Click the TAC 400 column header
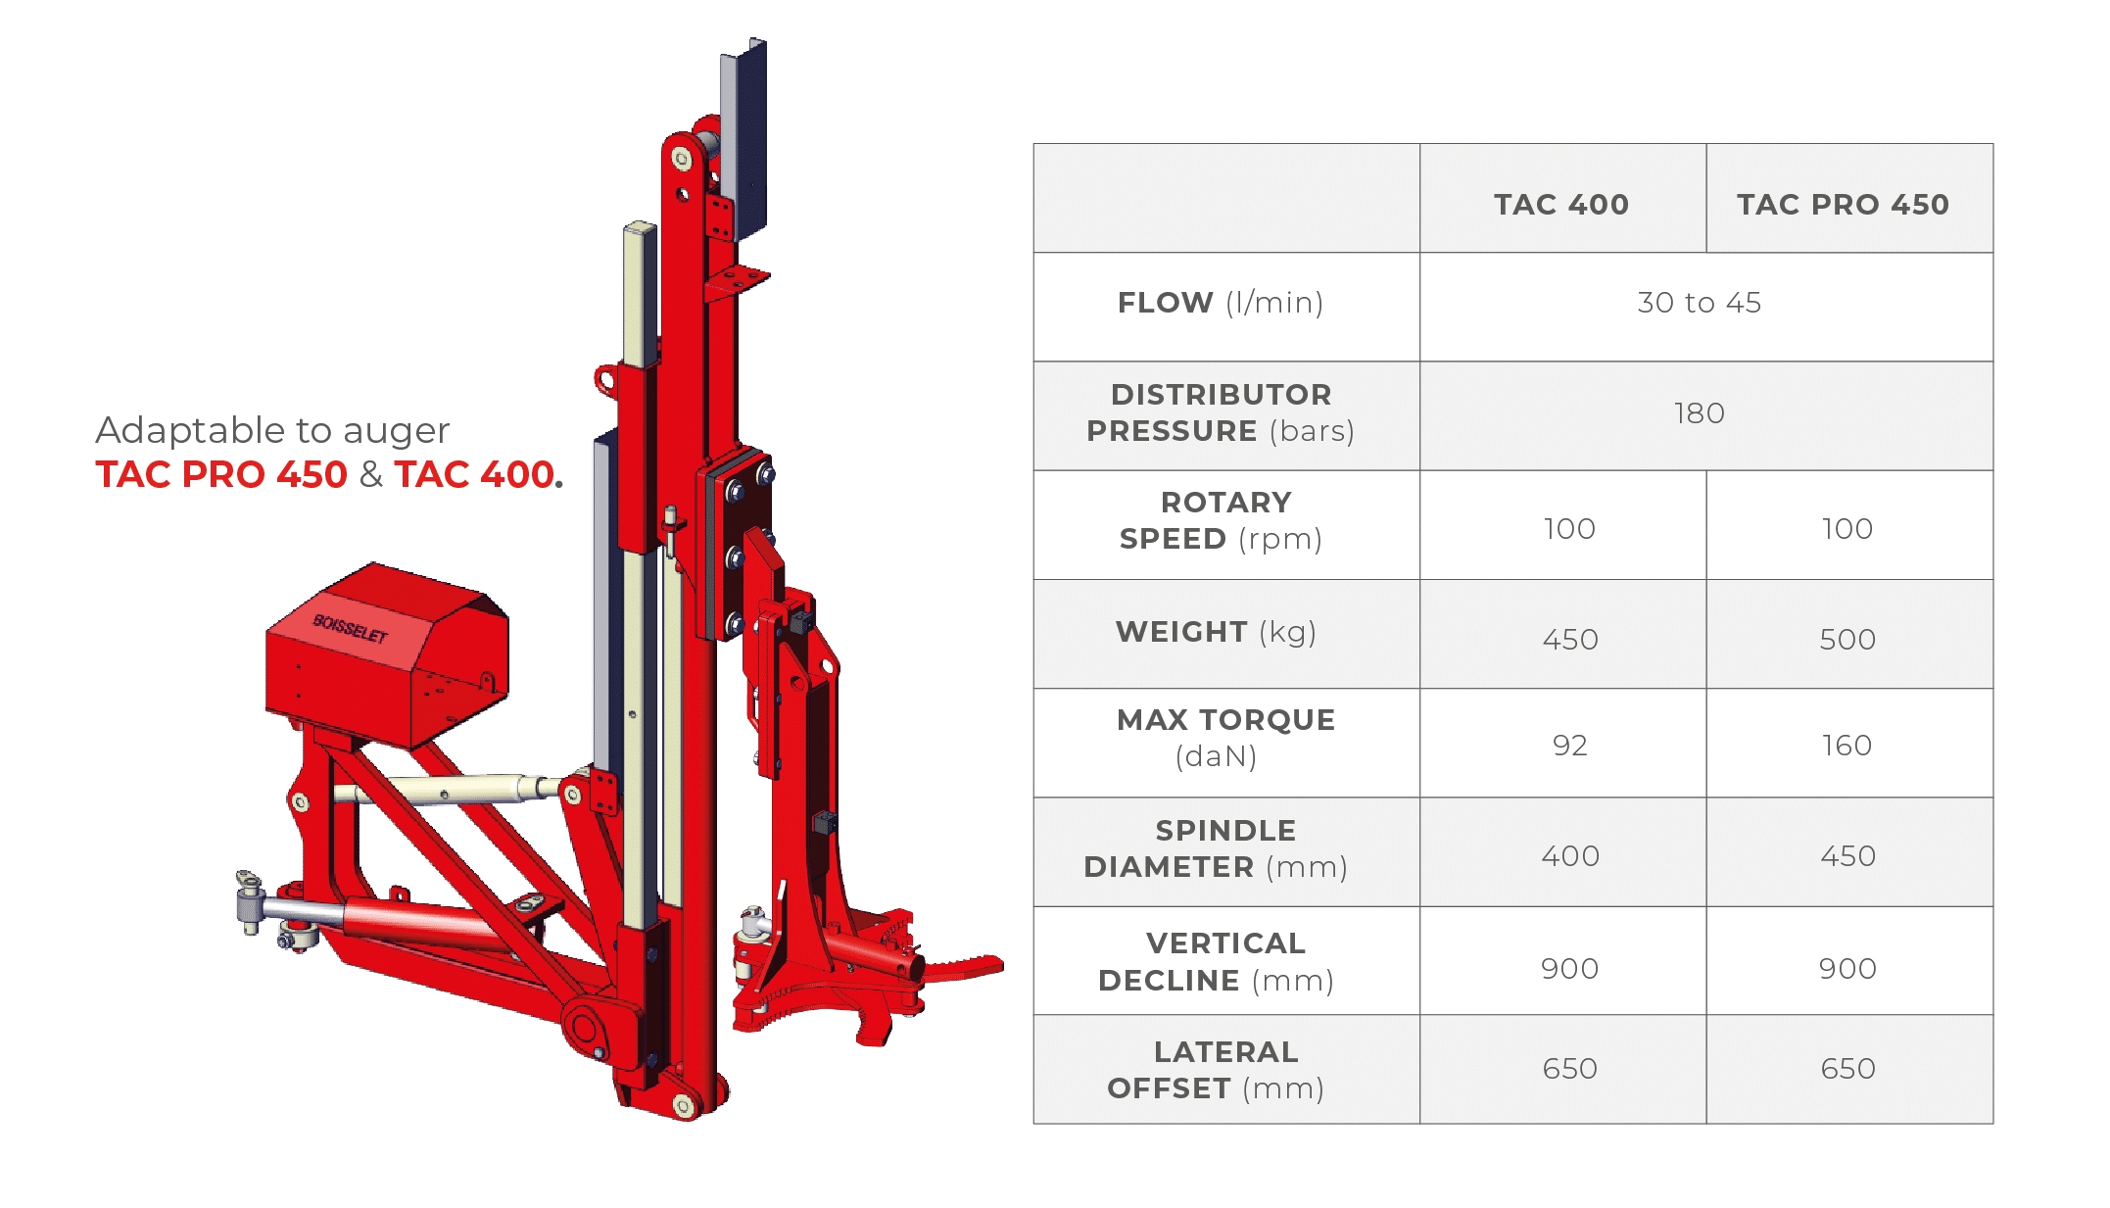(1560, 204)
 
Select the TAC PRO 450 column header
(1843, 204)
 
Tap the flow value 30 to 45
(1699, 303)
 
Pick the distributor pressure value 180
(1699, 413)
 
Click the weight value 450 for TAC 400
(1570, 640)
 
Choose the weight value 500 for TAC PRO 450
(1847, 640)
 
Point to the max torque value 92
(1569, 746)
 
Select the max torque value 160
(1846, 746)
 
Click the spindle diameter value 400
(1570, 856)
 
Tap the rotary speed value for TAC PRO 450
(1847, 529)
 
